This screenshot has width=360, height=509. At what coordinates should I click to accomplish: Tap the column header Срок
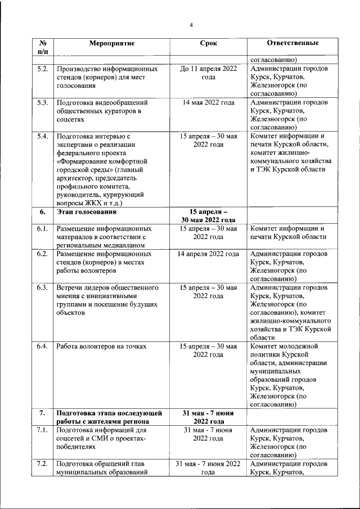[208, 43]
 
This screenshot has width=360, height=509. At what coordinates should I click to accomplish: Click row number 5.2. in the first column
[42, 69]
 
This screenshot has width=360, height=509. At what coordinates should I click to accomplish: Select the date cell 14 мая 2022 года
[208, 103]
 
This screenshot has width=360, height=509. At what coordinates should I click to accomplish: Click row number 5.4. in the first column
[42, 137]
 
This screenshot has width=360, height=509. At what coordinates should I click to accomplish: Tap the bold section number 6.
[42, 212]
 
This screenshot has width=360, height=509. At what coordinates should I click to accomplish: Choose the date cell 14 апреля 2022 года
[208, 254]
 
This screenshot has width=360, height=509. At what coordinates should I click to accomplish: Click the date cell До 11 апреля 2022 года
[208, 73]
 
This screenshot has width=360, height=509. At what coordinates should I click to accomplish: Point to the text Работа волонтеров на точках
[101, 346]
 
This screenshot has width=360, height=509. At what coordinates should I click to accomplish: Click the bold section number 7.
[42, 413]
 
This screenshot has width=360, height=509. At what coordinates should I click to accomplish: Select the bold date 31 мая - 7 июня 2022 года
[208, 417]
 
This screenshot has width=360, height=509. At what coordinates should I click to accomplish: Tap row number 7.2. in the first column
[42, 464]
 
